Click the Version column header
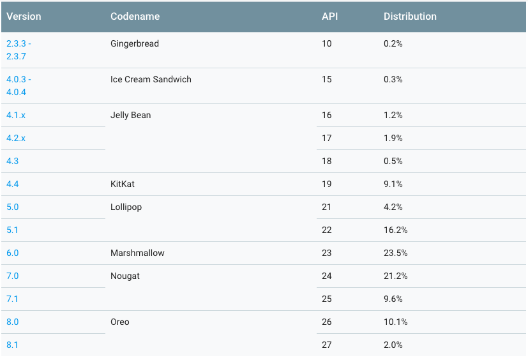click(24, 17)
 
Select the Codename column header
click(135, 17)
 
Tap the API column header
click(329, 17)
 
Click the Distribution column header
click(410, 17)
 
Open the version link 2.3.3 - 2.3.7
click(19, 50)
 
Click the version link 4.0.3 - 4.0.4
click(19, 86)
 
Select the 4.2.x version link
click(16, 138)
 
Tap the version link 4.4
click(12, 184)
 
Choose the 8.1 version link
click(12, 345)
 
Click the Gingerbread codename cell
click(134, 43)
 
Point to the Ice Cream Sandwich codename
click(151, 79)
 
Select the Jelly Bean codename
click(130, 115)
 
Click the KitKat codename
click(123, 184)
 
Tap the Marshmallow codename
click(137, 253)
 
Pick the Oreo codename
click(119, 322)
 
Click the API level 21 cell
click(327, 207)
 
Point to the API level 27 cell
click(327, 345)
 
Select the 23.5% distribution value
click(395, 253)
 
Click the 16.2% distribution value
click(395, 230)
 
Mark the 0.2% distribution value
click(393, 43)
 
